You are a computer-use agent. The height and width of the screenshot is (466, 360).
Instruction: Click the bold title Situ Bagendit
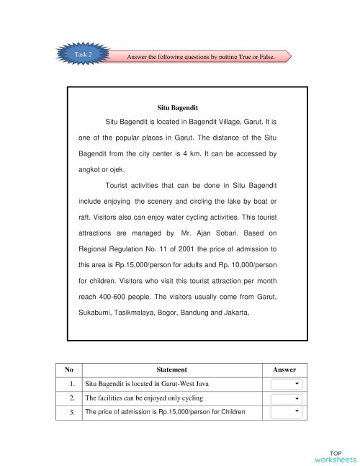177,107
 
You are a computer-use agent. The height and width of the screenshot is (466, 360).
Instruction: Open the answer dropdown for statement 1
286,383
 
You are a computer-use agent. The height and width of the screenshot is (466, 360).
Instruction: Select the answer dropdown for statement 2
286,398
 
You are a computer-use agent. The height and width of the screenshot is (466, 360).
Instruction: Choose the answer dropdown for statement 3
286,412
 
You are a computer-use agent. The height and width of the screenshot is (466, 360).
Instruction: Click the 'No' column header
69,369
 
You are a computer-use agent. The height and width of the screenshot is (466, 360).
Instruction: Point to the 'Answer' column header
285,369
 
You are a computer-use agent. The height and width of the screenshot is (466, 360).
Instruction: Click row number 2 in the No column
72,398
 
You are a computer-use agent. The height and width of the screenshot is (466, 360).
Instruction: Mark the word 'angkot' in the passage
90,170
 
